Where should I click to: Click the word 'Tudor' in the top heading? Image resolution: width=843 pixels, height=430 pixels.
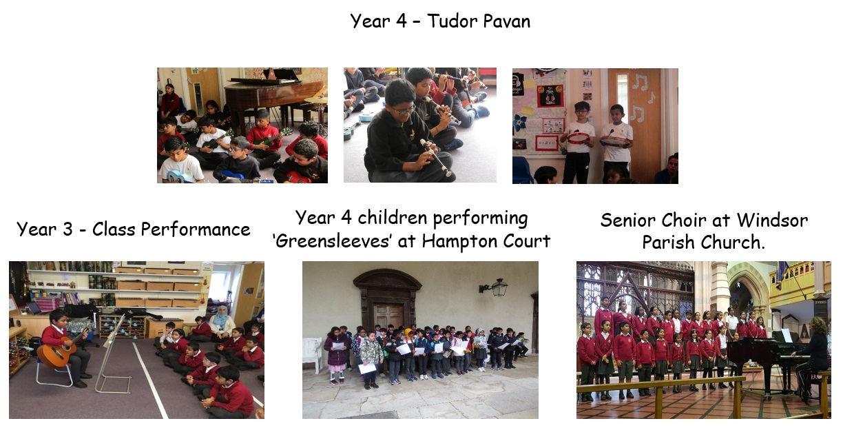click(452, 21)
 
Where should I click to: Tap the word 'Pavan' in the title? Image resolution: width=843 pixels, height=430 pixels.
click(506, 21)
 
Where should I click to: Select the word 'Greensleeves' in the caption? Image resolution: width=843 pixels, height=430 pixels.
click(331, 241)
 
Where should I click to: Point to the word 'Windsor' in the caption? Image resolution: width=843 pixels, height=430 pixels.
click(772, 220)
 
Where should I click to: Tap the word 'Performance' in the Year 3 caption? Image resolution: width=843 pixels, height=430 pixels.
click(196, 229)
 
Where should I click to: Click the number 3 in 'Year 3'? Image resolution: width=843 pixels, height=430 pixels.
click(67, 229)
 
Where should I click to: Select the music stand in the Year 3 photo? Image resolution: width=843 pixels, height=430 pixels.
click(113, 354)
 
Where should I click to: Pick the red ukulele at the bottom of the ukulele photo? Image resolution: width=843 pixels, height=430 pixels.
click(299, 177)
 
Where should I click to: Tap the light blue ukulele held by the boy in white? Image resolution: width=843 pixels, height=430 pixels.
click(178, 176)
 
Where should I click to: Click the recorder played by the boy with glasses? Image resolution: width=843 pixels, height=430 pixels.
click(436, 157)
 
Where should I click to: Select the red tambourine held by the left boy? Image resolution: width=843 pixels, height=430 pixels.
click(578, 138)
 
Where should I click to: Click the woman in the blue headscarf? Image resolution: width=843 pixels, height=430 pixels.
click(221, 323)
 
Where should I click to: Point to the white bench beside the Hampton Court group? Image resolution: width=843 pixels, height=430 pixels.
click(313, 354)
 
